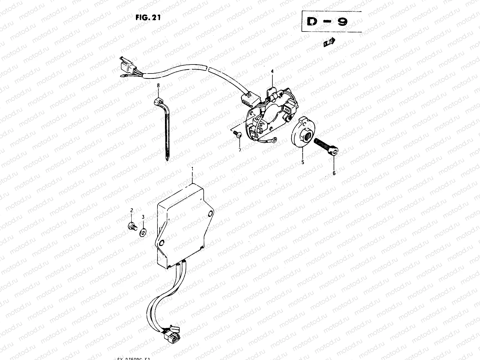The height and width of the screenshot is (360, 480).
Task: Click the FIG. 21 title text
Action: [148, 17]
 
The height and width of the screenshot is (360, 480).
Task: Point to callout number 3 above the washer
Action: [143, 217]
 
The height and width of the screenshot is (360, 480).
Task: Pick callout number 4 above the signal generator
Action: [272, 71]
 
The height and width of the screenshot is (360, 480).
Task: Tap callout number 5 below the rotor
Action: [303, 162]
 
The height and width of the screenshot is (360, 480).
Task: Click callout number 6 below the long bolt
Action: [334, 173]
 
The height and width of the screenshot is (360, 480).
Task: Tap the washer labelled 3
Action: [143, 231]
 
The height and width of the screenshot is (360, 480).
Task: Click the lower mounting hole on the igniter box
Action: [162, 242]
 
